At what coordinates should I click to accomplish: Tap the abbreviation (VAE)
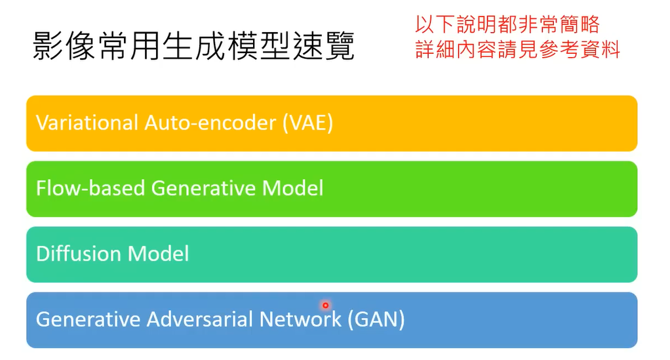click(x=307, y=123)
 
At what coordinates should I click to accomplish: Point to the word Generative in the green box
click(x=204, y=189)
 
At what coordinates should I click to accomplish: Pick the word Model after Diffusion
click(x=160, y=254)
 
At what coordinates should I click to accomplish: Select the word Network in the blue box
click(x=301, y=319)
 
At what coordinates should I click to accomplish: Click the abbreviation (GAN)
click(x=376, y=319)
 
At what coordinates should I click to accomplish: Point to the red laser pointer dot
click(x=325, y=305)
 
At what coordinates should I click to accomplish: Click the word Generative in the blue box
click(x=89, y=319)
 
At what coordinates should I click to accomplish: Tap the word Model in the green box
click(x=293, y=189)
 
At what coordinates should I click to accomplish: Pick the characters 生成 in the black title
click(x=194, y=47)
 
